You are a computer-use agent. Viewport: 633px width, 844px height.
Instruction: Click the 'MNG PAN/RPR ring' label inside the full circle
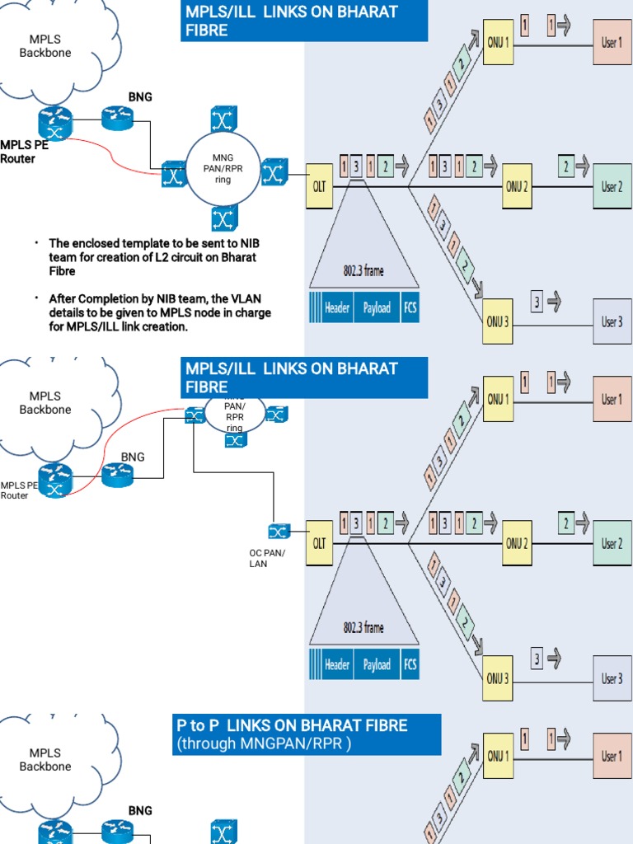(223, 168)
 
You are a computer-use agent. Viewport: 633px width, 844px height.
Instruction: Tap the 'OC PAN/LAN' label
(267, 558)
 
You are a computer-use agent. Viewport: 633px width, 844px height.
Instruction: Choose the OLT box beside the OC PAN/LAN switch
(319, 543)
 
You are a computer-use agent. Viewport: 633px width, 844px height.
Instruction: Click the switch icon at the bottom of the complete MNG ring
(223, 218)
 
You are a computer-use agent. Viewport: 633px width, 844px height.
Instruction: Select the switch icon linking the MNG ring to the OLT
(274, 172)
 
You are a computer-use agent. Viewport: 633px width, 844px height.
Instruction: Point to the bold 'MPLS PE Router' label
(18, 152)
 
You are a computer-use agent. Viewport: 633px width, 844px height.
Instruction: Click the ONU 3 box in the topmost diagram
(497, 321)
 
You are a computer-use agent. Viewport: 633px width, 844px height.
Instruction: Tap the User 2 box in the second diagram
(612, 544)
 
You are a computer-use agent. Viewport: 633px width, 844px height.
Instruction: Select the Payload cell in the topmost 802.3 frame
(377, 308)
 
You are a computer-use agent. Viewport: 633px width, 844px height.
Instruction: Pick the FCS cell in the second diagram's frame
(410, 664)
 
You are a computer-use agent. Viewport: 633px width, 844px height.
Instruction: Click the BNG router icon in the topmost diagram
(117, 119)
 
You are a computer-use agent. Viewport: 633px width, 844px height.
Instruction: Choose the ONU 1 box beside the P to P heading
(497, 756)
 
